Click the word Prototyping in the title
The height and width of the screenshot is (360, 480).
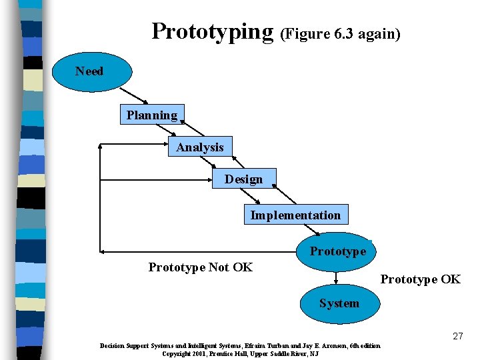(212, 31)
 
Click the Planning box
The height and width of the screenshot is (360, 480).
(152, 115)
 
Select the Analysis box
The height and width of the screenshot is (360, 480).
(200, 147)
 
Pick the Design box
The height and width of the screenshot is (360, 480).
(243, 179)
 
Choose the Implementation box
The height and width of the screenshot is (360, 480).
(295, 215)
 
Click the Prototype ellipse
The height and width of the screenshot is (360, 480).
(337, 251)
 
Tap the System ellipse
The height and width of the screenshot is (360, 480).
(339, 303)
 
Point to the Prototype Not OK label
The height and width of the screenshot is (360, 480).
(200, 267)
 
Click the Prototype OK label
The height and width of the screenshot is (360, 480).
(420, 279)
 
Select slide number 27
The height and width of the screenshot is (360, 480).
(457, 336)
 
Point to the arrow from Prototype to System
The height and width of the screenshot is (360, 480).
(336, 279)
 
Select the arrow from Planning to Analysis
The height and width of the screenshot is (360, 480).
(193, 129)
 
